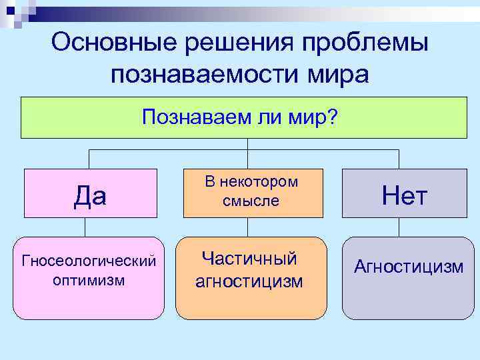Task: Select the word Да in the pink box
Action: pyautogui.click(x=90, y=195)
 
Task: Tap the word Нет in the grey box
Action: pyautogui.click(x=404, y=195)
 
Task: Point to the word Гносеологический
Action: pyautogui.click(x=89, y=259)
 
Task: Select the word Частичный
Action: pyautogui.click(x=249, y=259)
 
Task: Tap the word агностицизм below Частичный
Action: pyautogui.click(x=249, y=281)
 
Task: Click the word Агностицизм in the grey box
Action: pyautogui.click(x=409, y=267)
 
